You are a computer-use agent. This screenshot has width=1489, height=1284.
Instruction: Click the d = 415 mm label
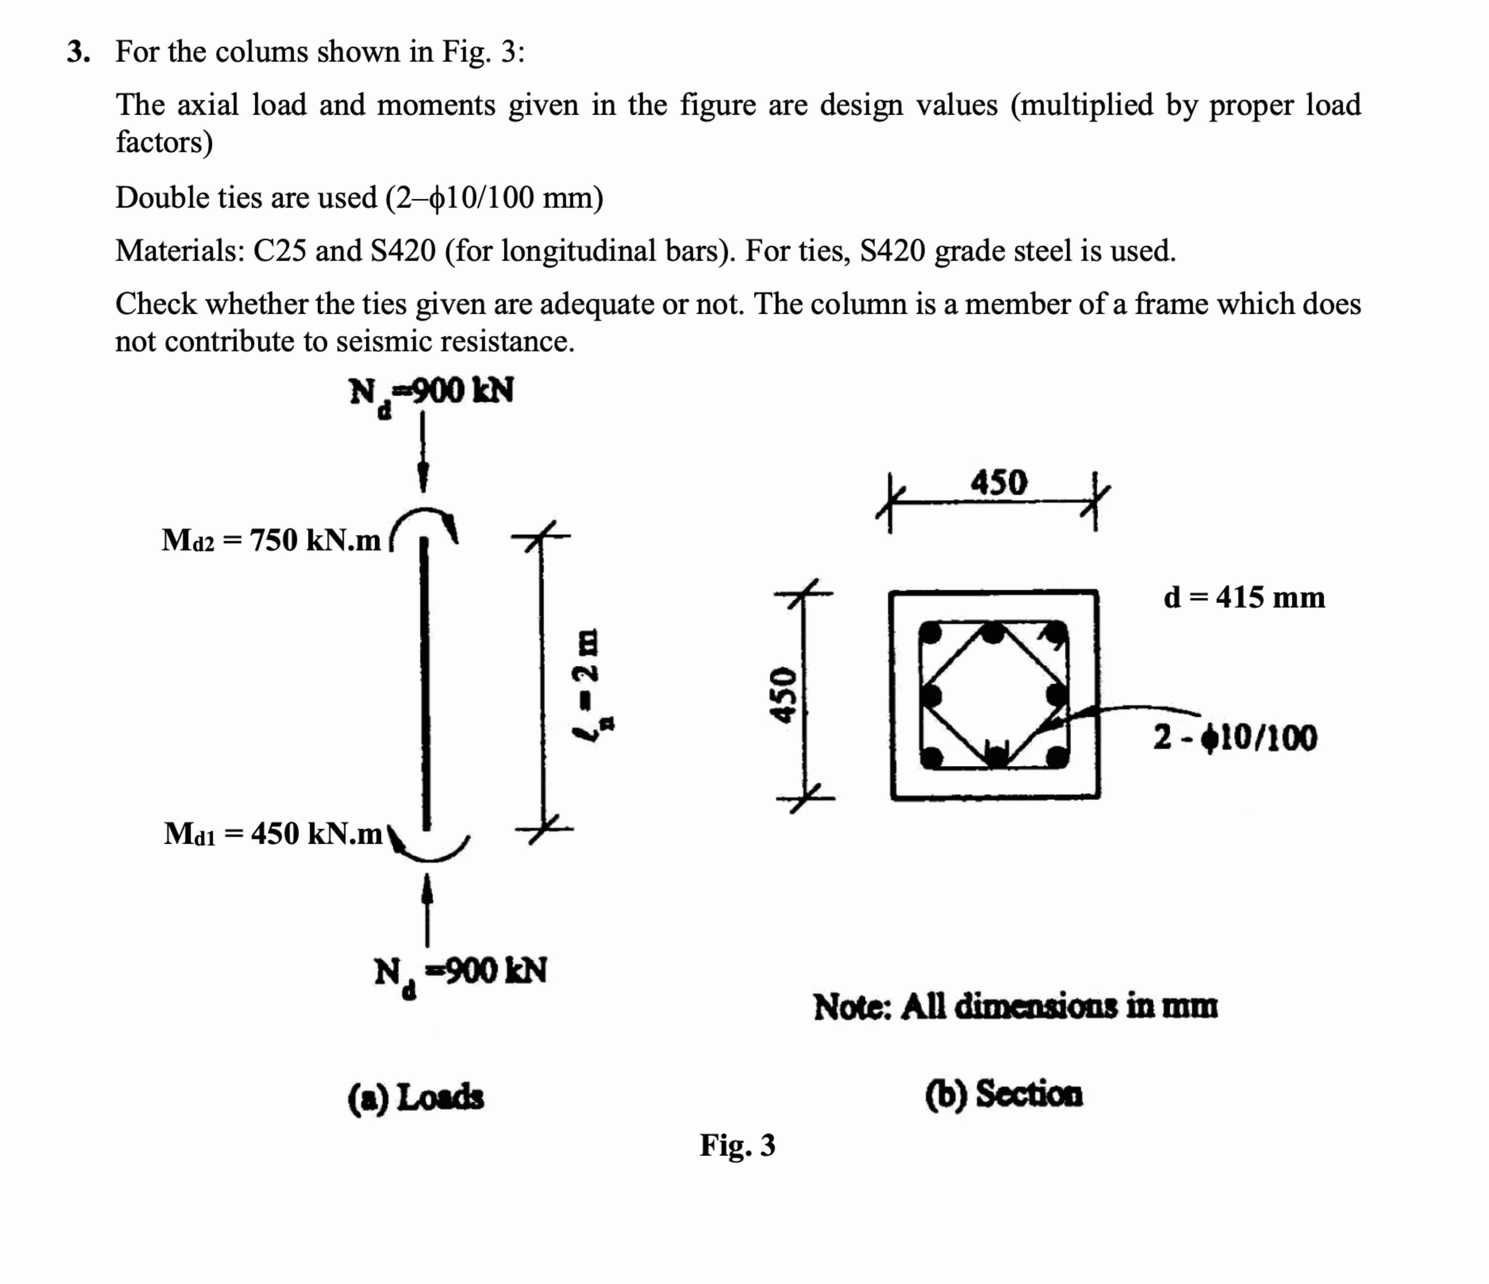click(1244, 597)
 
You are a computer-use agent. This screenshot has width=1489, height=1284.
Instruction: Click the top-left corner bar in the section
click(931, 633)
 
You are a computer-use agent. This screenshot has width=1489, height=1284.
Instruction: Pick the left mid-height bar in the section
click(931, 695)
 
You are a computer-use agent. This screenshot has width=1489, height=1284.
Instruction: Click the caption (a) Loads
click(415, 1097)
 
